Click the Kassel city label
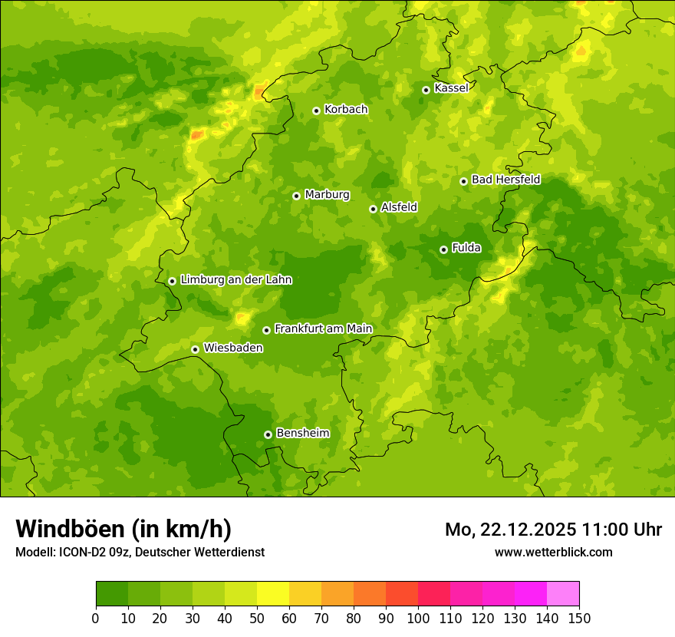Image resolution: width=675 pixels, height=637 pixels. [x=451, y=88]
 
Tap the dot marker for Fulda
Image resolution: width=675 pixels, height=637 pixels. [x=443, y=249]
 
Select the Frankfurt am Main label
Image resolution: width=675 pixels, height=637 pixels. [x=323, y=328]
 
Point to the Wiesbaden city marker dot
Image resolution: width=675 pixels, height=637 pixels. [x=195, y=349]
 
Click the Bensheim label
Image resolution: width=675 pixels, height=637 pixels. [x=302, y=433]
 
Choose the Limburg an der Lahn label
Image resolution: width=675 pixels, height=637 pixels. [x=235, y=280]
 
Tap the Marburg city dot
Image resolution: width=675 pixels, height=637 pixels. [x=296, y=196]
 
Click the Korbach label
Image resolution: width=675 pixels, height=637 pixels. [x=346, y=110]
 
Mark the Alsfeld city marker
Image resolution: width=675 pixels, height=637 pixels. [x=373, y=209]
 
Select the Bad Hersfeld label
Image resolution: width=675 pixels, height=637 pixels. [x=505, y=180]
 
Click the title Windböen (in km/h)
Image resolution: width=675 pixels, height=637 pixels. [x=123, y=529]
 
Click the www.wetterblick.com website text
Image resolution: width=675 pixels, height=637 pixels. [x=553, y=552]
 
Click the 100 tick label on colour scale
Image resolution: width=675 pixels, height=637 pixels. [x=418, y=618]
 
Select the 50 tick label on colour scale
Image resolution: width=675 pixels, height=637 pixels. [x=257, y=618]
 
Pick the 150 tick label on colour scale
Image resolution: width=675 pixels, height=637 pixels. [x=579, y=618]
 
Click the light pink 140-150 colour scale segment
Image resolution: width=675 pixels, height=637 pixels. [x=563, y=594]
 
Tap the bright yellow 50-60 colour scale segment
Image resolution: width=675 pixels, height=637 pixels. [x=273, y=594]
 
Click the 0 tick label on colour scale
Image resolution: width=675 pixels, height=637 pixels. [x=96, y=618]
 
